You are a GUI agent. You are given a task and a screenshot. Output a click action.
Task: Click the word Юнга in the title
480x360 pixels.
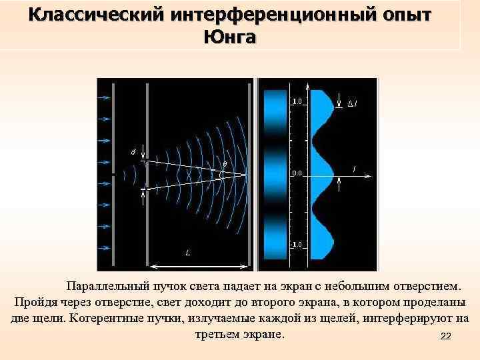[229, 37]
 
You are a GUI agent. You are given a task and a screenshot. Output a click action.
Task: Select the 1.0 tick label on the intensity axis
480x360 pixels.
[297, 102]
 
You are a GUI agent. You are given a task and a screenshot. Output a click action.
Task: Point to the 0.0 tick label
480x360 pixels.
[297, 173]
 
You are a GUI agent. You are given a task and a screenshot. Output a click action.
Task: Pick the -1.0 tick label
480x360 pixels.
[296, 245]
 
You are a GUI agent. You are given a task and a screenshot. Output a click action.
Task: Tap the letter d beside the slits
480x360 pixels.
[133, 153]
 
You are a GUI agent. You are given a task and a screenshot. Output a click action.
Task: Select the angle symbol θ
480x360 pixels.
[224, 163]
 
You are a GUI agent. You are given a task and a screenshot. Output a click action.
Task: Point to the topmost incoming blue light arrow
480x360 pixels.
[103, 97]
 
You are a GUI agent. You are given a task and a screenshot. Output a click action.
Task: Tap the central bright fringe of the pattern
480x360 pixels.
[275, 173]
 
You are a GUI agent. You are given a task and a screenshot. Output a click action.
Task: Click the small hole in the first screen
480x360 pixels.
[114, 172]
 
